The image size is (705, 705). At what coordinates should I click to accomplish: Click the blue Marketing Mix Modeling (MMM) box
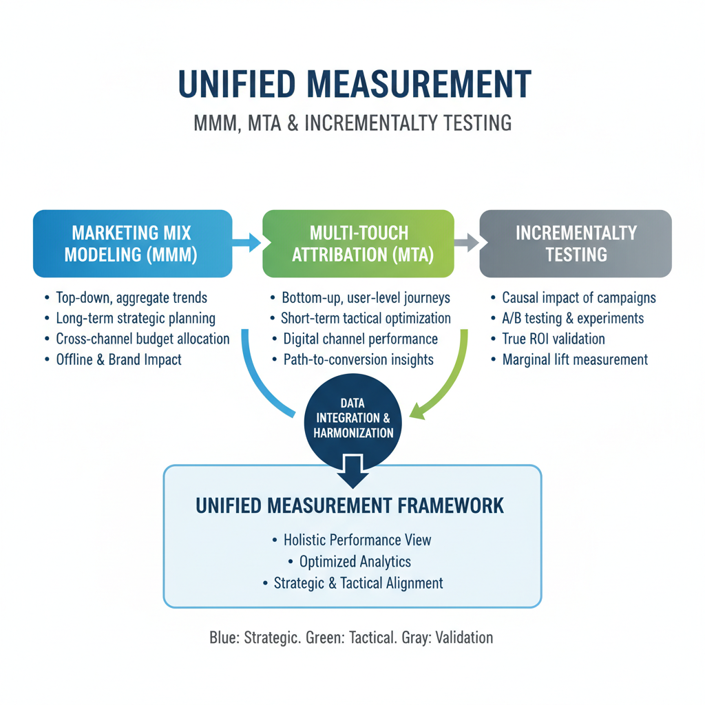[x=131, y=243]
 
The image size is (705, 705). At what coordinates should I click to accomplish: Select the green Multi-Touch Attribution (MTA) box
[x=358, y=243]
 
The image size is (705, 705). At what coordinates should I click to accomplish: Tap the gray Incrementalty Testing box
[x=576, y=243]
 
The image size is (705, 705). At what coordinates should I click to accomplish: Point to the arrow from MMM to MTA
[x=247, y=242]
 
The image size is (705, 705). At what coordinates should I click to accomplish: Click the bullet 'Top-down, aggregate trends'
[x=131, y=298]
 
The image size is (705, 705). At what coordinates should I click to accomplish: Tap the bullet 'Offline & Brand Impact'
[x=118, y=359]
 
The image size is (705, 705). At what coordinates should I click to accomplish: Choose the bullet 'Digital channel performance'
[x=360, y=339]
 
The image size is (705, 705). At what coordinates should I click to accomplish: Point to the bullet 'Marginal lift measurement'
[x=575, y=359]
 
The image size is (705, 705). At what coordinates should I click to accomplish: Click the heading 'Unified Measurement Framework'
[x=350, y=506]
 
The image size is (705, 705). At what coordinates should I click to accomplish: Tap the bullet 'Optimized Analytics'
[x=352, y=562]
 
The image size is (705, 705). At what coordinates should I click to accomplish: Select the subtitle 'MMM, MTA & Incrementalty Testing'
[x=352, y=123]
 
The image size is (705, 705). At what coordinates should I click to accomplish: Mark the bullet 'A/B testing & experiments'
[x=573, y=318]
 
